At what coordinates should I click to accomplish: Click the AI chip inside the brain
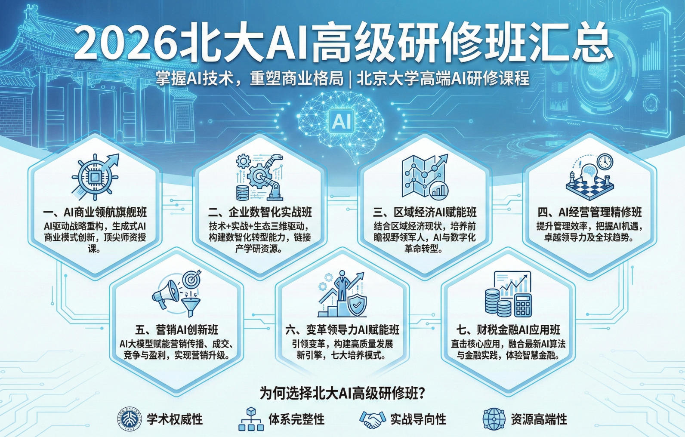342,121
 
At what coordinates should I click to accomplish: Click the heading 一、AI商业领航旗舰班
95,212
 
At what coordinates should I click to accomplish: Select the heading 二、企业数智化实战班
260,212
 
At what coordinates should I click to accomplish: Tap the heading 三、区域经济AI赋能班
425,212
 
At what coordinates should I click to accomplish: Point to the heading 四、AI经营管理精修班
589,212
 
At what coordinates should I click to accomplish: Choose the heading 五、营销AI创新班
176,330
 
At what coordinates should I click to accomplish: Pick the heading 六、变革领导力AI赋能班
342,330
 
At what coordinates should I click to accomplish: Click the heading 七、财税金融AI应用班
508,330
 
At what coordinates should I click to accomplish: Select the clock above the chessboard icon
605,161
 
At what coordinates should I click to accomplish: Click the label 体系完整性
296,419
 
